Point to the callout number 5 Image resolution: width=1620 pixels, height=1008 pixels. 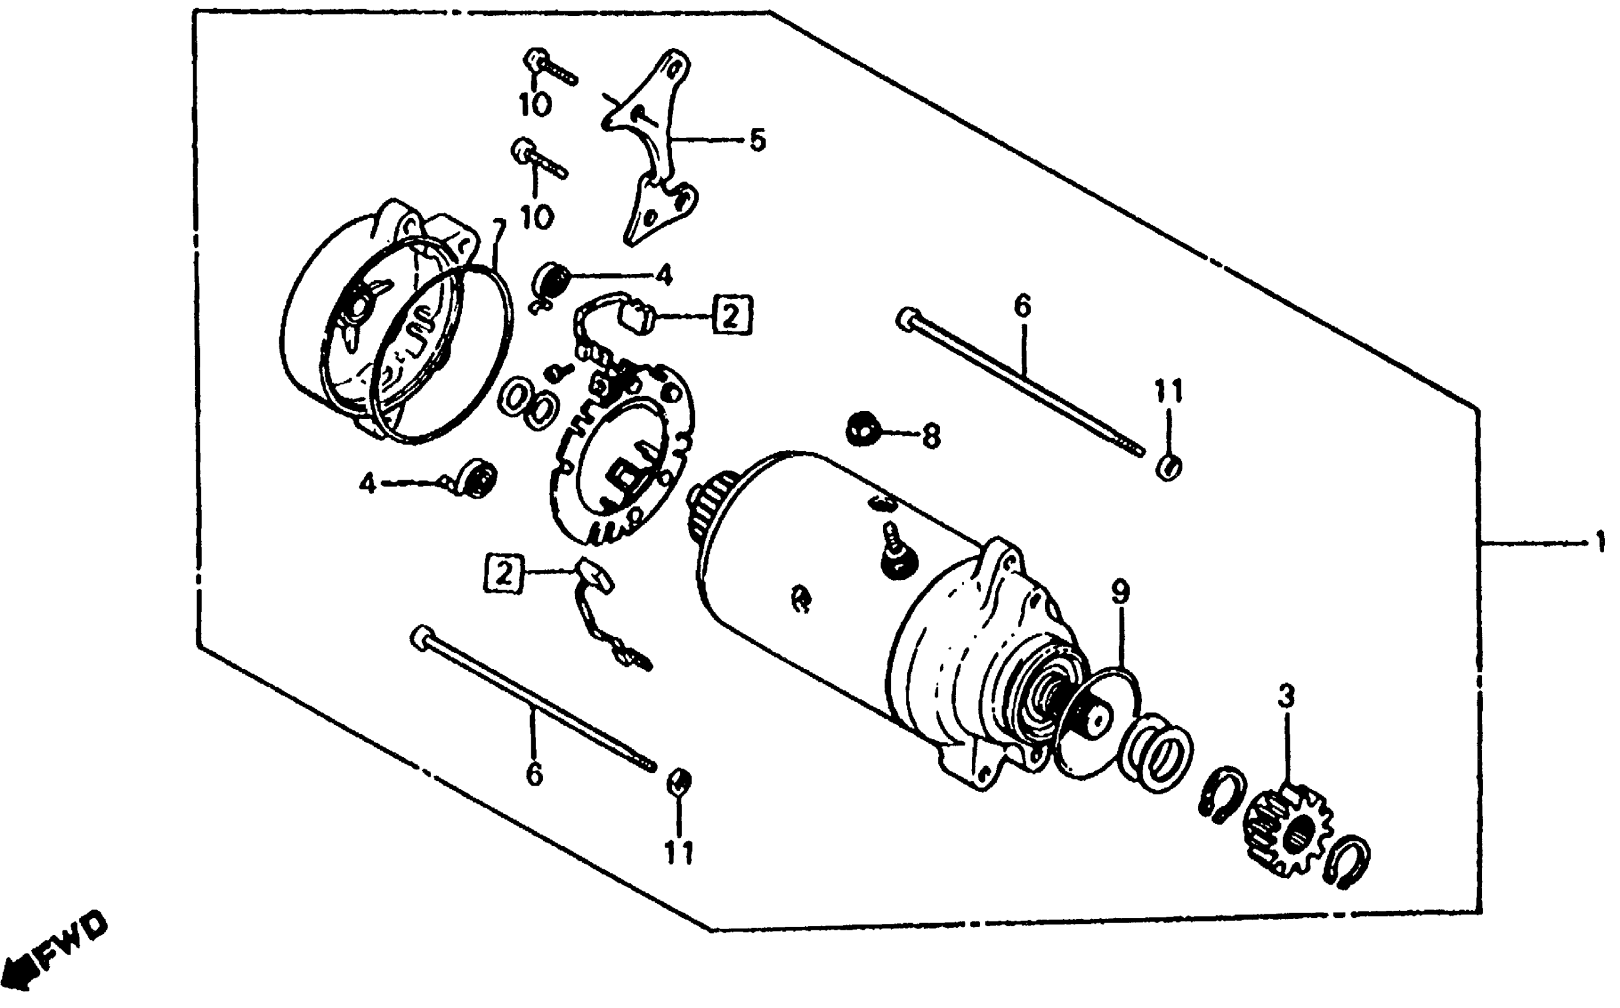tap(757, 141)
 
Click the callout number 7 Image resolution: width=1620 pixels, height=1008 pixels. tap(499, 231)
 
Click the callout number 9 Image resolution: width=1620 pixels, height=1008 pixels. tap(1121, 592)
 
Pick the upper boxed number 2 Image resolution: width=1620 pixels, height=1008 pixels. tap(731, 315)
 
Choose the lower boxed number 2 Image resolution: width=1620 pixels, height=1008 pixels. tap(504, 574)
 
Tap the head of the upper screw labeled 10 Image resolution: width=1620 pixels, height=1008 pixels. tap(535, 59)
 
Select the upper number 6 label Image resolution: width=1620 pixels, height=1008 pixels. tap(1022, 306)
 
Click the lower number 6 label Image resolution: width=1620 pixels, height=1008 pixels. tap(534, 774)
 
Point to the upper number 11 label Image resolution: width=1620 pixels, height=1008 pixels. tap(1168, 391)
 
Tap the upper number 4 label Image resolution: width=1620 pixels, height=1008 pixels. tap(663, 275)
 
